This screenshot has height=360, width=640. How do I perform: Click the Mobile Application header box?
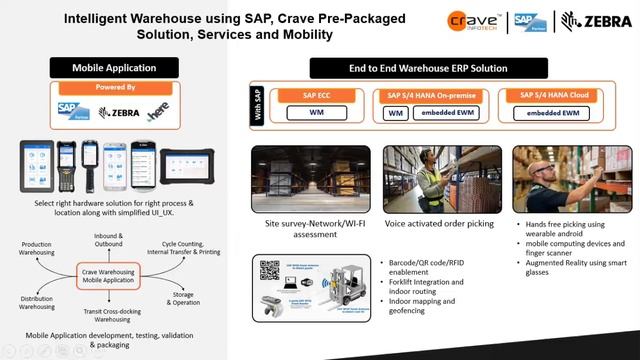click(114, 68)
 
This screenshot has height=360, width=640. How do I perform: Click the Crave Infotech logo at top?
click(475, 21)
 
